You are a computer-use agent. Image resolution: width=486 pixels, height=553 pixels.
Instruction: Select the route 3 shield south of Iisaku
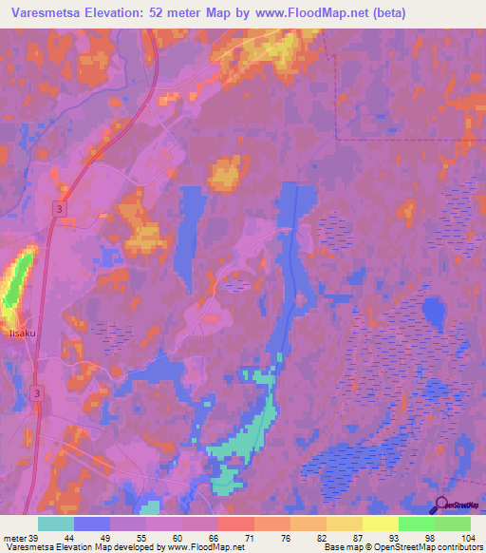click(x=38, y=391)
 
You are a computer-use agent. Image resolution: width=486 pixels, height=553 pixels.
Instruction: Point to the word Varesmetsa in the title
click(x=43, y=13)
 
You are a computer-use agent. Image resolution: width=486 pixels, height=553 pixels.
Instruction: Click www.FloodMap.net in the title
click(x=308, y=13)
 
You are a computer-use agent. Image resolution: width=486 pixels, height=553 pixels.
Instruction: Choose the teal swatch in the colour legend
click(x=56, y=524)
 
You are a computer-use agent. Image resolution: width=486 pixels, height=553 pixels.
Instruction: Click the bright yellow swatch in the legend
click(x=381, y=524)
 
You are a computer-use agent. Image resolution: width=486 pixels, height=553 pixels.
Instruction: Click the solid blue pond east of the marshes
click(x=433, y=311)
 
